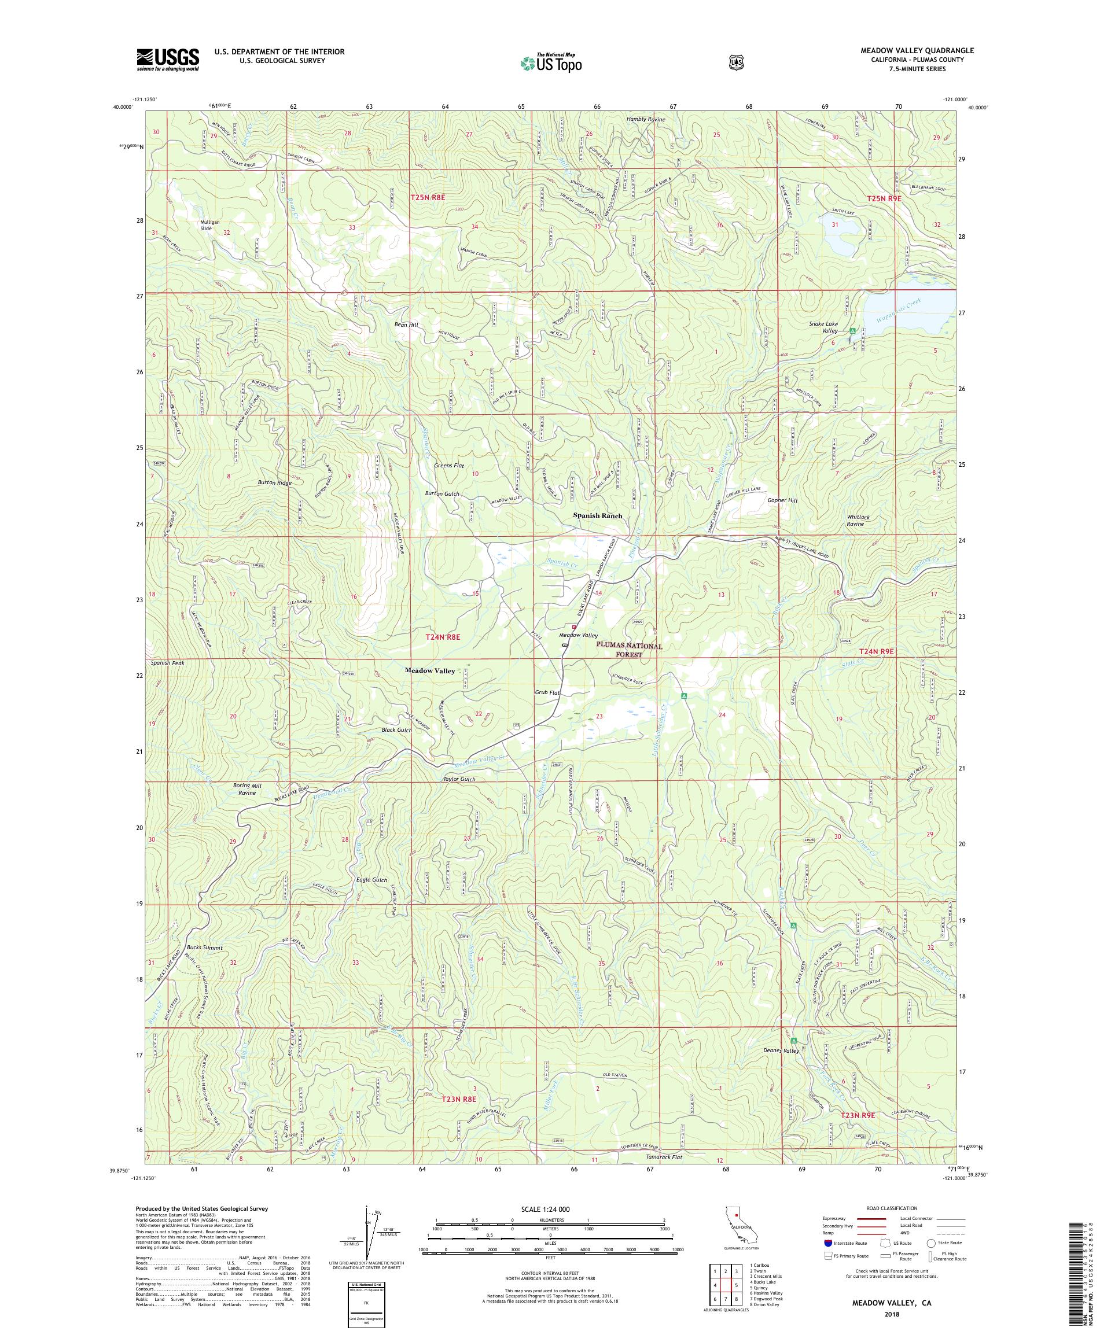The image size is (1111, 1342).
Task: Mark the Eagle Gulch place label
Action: point(371,880)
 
